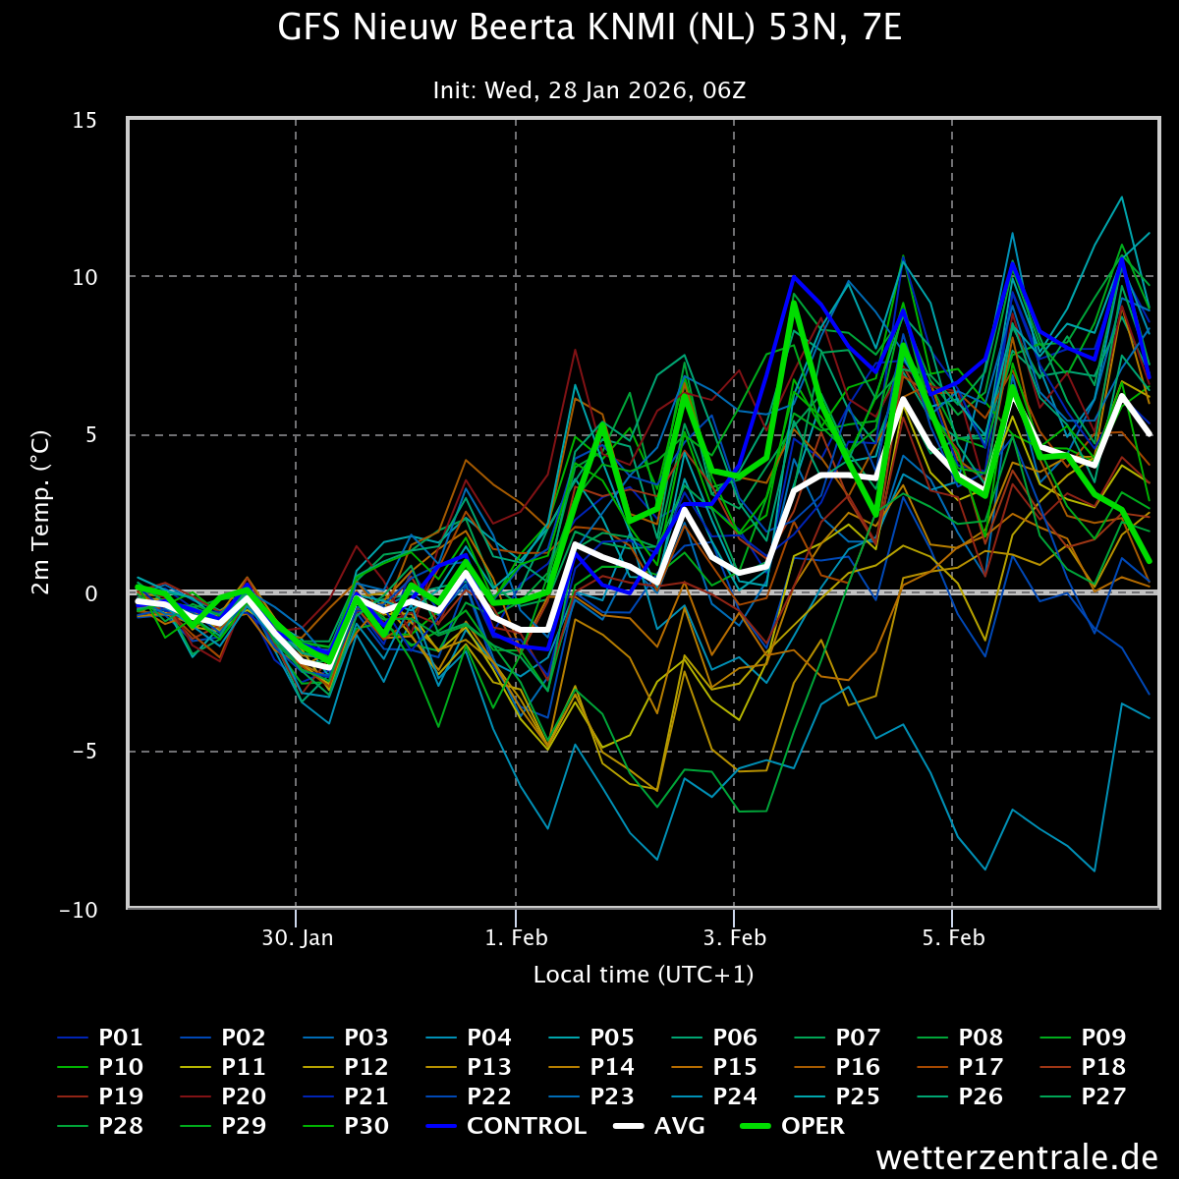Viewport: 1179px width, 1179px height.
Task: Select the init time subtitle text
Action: [x=589, y=90]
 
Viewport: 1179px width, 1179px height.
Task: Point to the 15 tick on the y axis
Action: [x=84, y=121]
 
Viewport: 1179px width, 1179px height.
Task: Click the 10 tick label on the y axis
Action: [x=84, y=277]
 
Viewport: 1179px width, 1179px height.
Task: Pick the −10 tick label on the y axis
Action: [x=78, y=910]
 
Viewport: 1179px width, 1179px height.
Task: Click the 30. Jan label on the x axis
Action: [x=298, y=938]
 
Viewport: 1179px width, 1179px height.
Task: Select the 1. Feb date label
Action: [x=517, y=938]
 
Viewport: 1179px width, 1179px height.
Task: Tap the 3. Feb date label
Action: [x=734, y=938]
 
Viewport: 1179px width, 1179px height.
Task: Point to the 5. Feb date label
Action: [x=953, y=938]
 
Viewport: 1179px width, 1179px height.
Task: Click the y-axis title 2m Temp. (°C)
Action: [x=40, y=512]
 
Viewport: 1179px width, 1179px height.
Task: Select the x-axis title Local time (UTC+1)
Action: [x=643, y=975]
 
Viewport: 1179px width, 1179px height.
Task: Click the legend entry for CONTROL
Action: [x=505, y=1126]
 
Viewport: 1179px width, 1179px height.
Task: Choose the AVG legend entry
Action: [x=659, y=1126]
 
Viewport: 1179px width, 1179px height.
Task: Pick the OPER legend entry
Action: [x=792, y=1126]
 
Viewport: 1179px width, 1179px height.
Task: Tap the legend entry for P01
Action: [x=100, y=1038]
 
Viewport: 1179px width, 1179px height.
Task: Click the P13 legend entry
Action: [x=469, y=1067]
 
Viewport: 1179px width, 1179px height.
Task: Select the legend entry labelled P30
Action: [x=346, y=1126]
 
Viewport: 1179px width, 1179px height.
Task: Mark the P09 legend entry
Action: [x=1083, y=1038]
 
